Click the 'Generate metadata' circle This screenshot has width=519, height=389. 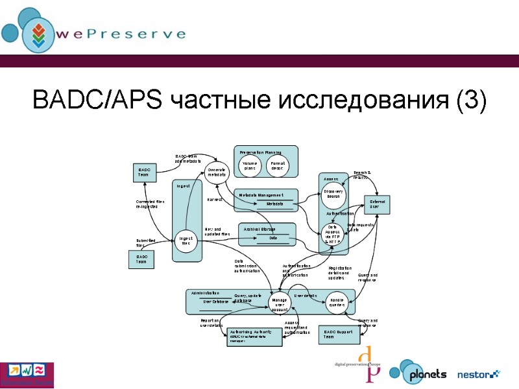217,172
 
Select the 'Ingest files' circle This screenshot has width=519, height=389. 186,241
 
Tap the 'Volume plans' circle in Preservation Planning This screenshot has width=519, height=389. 250,166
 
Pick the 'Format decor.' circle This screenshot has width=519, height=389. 278,166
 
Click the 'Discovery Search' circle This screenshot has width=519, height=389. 334,193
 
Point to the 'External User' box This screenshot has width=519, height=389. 378,205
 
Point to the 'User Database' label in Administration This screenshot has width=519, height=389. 216,301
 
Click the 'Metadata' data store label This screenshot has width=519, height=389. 275,204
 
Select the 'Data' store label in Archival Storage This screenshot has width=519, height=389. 273,238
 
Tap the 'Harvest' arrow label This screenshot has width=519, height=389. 215,199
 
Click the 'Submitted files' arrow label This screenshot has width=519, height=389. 145,243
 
